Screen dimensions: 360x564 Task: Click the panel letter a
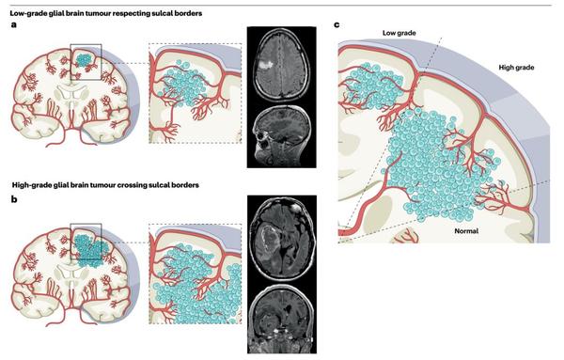[13, 26]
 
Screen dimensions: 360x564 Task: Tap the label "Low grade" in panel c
[399, 34]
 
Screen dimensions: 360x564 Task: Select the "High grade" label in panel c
[517, 68]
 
